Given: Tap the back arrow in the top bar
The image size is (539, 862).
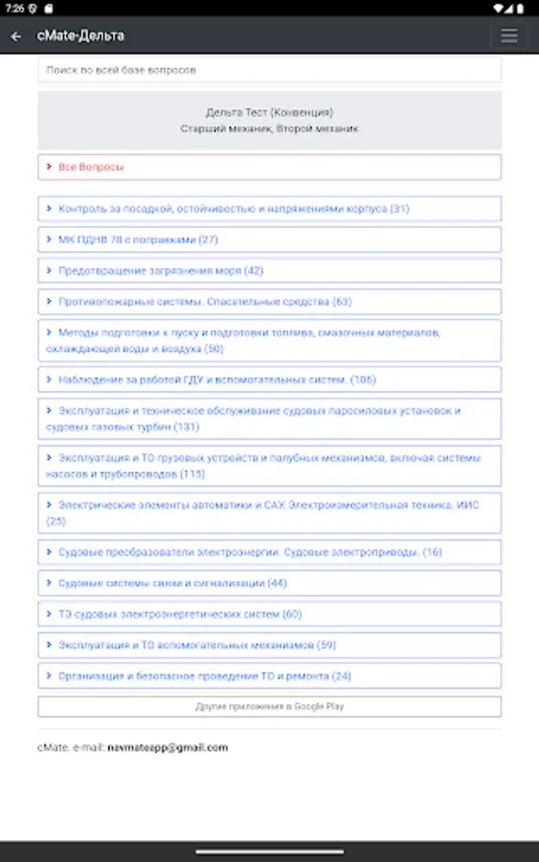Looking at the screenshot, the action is (x=16, y=36).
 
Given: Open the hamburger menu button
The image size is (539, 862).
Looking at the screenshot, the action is (x=508, y=36).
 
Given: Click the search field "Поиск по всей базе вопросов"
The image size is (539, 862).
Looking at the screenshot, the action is (x=269, y=70).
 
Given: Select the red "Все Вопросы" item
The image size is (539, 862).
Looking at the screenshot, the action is (x=269, y=167).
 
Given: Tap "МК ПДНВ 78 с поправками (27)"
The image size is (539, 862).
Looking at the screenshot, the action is (x=269, y=239).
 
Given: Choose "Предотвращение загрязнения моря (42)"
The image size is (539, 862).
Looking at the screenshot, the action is (x=269, y=271).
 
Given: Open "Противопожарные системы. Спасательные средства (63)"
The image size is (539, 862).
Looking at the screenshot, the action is (x=269, y=302).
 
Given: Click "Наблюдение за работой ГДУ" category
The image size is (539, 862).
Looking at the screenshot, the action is (x=269, y=379).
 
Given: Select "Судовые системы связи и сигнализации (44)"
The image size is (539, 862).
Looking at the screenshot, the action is (x=269, y=583).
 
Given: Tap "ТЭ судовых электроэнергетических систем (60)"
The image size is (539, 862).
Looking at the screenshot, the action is (x=269, y=614).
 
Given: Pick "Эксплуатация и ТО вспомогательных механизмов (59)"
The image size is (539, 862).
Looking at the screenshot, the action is (x=269, y=646).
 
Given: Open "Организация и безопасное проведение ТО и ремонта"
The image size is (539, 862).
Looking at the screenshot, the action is (x=269, y=676).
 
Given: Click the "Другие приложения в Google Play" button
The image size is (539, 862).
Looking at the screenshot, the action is (x=269, y=707).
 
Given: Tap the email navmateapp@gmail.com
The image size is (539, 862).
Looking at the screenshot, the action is (x=168, y=747).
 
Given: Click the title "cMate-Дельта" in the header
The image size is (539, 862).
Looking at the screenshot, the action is (x=80, y=36).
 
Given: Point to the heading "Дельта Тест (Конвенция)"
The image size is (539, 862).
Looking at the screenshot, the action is (x=269, y=112).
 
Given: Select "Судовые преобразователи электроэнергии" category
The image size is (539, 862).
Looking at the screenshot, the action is (x=269, y=553).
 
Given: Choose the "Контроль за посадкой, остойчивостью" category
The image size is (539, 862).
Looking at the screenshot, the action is (x=269, y=208).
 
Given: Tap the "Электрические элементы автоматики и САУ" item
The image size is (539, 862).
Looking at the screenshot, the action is (x=269, y=513).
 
